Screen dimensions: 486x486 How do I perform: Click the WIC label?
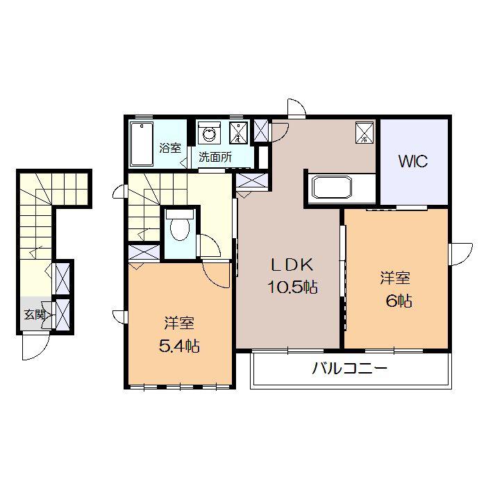coord(413,161)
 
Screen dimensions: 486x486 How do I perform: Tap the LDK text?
coord(292,265)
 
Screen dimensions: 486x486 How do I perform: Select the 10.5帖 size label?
coord(292,287)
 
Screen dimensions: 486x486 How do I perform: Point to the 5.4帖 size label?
coord(179,346)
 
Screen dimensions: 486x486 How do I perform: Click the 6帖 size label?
coord(399,301)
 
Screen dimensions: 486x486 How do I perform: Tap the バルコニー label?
coord(350,369)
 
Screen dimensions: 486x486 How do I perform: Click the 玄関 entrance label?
coord(35,315)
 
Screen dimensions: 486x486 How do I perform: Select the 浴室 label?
coord(170,148)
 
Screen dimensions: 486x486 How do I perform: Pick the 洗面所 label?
coord(215,158)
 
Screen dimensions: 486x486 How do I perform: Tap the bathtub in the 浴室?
coord(142,144)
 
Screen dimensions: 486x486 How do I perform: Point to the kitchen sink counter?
coord(333,187)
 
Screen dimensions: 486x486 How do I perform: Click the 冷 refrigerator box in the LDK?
coord(364,133)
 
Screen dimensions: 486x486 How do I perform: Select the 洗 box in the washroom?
coord(239,133)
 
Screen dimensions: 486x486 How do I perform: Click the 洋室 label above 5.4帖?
coord(179,324)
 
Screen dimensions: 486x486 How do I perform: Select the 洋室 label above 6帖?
coord(395,278)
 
